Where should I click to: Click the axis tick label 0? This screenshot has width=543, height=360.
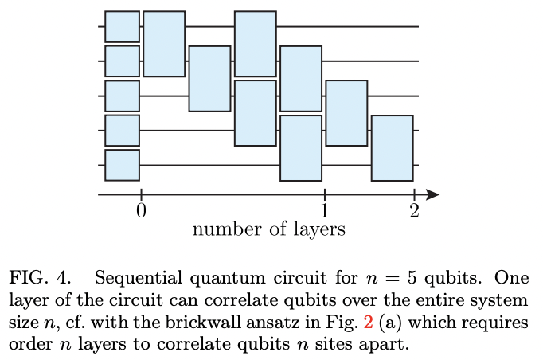(140, 211)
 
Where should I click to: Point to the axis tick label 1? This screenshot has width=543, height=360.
(325, 211)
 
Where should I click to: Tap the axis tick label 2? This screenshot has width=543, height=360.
(414, 211)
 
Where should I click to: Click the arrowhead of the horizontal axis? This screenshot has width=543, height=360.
(432, 194)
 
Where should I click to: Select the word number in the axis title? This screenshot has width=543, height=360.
(220, 230)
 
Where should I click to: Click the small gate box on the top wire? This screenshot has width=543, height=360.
(122, 26)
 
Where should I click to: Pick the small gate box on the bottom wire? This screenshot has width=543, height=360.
(122, 165)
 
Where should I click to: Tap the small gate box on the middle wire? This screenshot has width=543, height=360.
(122, 96)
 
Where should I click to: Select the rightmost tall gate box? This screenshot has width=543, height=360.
(393, 148)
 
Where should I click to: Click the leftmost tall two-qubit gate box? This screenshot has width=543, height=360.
(164, 44)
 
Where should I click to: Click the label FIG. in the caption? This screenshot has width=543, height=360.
(29, 279)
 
